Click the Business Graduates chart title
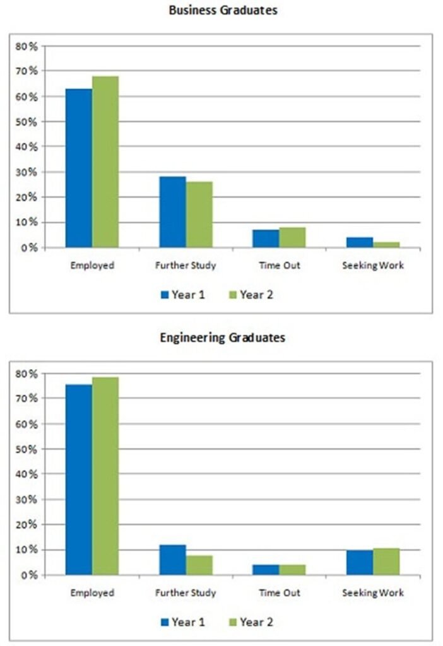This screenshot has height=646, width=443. click(x=223, y=11)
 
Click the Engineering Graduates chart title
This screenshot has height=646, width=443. click(x=222, y=338)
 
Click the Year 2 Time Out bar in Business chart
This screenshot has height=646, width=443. click(x=292, y=237)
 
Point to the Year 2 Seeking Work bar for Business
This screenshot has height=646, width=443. click(x=386, y=244)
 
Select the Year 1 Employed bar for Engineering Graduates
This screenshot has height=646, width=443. click(x=78, y=479)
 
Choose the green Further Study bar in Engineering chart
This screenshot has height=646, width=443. click(x=199, y=565)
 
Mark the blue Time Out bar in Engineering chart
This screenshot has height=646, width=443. click(x=266, y=570)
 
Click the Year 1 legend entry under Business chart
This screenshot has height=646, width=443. click(x=182, y=295)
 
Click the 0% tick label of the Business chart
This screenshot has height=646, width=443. click(x=30, y=248)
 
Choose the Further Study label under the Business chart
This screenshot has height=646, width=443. click(x=186, y=266)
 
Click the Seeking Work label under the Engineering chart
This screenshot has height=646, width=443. click(x=372, y=593)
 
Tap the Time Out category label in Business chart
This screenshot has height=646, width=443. click(x=279, y=266)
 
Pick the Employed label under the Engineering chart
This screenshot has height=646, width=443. click(x=92, y=593)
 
